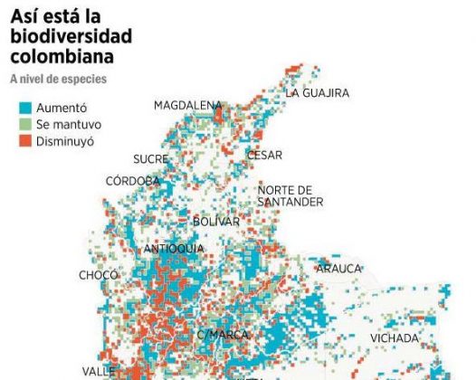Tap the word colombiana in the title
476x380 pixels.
coord(62,57)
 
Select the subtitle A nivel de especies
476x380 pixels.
coord(59,80)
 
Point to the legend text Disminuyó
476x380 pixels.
coord(65,141)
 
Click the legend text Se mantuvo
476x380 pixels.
coord(69,124)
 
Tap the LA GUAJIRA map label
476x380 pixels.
coord(317,92)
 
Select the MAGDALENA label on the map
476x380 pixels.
coord(187,105)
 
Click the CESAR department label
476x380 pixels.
coord(264,155)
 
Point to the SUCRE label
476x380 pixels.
coord(150,159)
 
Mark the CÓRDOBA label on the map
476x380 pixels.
coord(132,180)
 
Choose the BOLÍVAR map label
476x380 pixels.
coord(215,222)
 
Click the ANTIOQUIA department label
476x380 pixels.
coord(174,249)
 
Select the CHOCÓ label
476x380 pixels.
coord(99,274)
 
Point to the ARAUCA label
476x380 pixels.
coord(338,268)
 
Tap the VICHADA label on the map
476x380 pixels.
coord(395,338)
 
